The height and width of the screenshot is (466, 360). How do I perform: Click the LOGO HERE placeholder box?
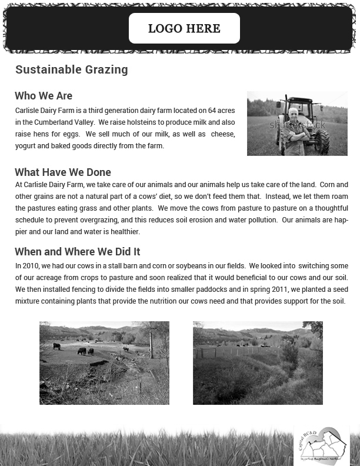pyautogui.click(x=184, y=28)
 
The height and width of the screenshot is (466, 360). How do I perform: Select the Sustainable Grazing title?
pyautogui.click(x=71, y=69)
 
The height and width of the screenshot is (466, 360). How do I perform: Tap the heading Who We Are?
pyautogui.click(x=44, y=96)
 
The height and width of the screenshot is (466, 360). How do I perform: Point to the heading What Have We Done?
pyautogui.click(x=63, y=172)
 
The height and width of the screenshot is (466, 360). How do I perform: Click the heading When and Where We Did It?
pyautogui.click(x=77, y=252)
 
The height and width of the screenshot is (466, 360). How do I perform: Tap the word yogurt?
pyautogui.click(x=25, y=146)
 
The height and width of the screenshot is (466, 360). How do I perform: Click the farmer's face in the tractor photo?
pyautogui.click(x=293, y=115)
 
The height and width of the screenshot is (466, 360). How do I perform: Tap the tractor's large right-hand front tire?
pyautogui.click(x=321, y=142)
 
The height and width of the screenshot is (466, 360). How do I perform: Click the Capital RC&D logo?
pyautogui.click(x=321, y=445)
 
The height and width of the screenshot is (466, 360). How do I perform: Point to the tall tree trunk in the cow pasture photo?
pyautogui.click(x=151, y=344)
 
